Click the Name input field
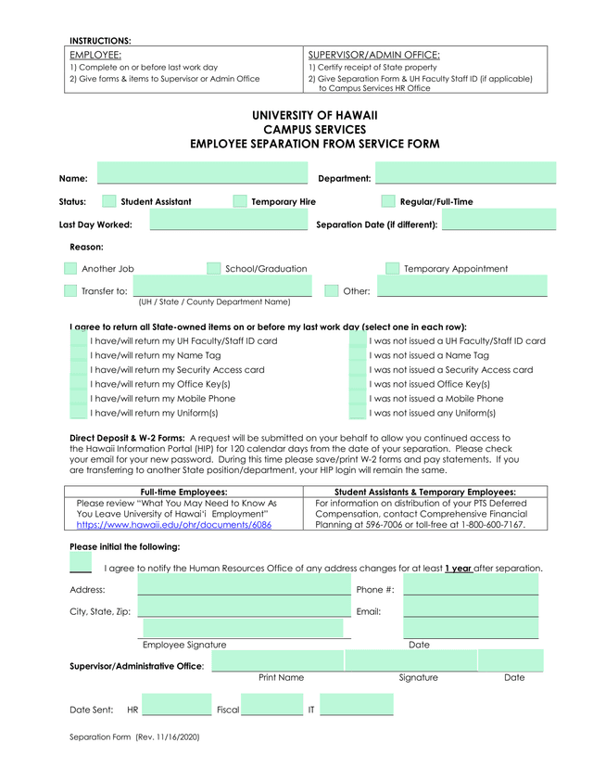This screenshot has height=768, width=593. click(202, 173)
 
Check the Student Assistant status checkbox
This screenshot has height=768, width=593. click(109, 201)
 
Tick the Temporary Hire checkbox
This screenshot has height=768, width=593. click(240, 201)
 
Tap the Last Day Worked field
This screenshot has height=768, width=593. click(227, 220)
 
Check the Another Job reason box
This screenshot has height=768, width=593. click(70, 268)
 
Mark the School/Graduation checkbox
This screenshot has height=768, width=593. click(214, 268)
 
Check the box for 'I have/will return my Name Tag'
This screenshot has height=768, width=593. click(80, 355)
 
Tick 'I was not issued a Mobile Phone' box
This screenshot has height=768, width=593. click(358, 398)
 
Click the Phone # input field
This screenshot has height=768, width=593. click(471, 585)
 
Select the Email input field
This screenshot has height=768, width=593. click(471, 608)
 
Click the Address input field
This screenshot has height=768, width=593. click(244, 585)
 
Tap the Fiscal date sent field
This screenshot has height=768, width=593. click(271, 707)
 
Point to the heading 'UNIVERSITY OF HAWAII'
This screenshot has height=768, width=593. click(315, 115)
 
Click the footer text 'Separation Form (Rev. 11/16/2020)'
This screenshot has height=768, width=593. click(135, 737)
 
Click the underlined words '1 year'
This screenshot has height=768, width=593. click(459, 568)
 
